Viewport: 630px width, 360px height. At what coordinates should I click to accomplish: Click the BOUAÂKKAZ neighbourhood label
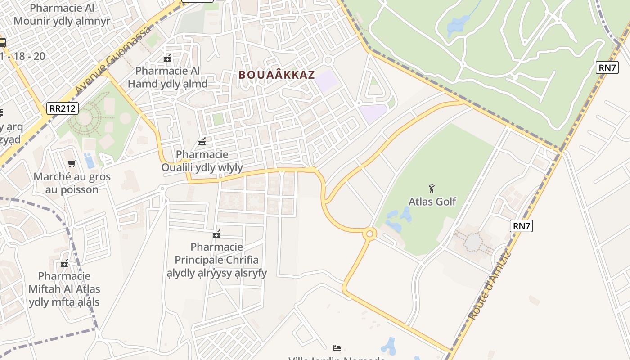coord(276,75)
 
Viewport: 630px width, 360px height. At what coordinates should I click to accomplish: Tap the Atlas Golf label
coord(432,202)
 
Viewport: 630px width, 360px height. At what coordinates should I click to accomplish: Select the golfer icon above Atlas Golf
coord(432,188)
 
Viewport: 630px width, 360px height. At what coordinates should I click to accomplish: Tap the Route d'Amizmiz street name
coord(490,286)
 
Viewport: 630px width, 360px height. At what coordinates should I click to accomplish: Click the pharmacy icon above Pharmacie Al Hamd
coord(167,58)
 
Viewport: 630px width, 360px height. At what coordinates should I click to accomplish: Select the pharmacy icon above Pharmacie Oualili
coord(202,142)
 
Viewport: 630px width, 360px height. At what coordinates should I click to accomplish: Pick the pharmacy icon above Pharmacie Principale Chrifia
coord(216,234)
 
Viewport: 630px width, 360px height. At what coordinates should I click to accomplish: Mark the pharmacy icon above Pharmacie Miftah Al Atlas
coord(64,263)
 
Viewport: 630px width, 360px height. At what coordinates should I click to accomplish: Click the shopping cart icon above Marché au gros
coord(72,163)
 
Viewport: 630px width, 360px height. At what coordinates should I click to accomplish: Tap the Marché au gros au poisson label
coord(72,183)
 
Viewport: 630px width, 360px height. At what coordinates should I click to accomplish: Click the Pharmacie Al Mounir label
coord(62,14)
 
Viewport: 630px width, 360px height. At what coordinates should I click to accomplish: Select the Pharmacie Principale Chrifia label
coord(216,260)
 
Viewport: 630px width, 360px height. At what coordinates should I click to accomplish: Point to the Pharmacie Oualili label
coord(202,161)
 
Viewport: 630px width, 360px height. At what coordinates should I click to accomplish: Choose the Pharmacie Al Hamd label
coord(167,77)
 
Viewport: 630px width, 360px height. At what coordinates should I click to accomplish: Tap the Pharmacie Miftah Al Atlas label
coord(64,289)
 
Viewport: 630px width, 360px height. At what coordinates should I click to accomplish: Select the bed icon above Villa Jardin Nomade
coord(337,348)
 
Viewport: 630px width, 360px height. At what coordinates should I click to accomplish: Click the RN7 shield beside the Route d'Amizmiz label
coord(521,226)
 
